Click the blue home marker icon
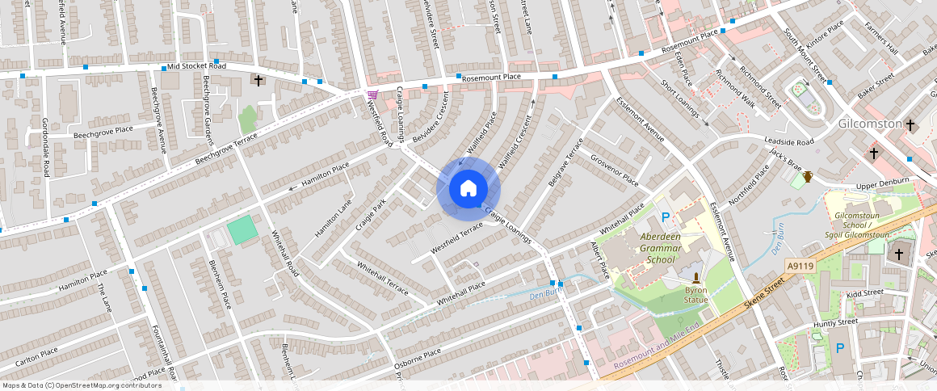[468, 189]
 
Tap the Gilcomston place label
[869, 124]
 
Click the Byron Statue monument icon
[696, 277]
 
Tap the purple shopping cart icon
[372, 95]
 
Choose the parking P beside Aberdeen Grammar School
[666, 217]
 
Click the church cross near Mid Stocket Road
[258, 81]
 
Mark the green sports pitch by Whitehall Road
[242, 232]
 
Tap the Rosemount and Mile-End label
[655, 353]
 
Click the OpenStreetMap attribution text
[81, 385]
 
